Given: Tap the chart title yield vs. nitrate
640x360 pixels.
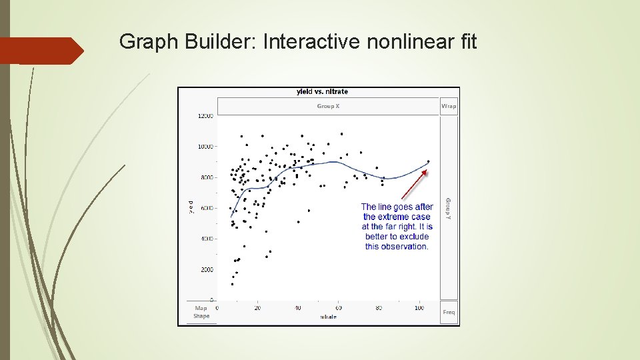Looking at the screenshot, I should pos(322,92).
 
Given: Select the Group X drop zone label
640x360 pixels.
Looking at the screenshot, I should pos(328,106).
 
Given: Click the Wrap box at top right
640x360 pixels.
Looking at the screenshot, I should pos(449,106).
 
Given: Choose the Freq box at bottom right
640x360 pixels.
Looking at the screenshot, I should pos(449,312).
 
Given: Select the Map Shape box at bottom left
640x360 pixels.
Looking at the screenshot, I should pos(201,312).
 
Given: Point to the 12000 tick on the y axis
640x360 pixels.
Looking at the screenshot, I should pos(205,116).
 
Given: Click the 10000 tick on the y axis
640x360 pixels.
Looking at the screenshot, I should pos(205,147).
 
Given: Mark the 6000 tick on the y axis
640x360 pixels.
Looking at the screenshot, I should pos(206,208).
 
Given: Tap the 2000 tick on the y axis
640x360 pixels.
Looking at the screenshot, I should pos(206,270).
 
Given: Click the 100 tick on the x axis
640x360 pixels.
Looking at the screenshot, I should pos(419,308).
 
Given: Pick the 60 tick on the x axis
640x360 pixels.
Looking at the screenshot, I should pos(338,308).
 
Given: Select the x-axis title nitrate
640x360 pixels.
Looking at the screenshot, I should pos(328,317).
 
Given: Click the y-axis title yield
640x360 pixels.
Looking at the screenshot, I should pos(191,207).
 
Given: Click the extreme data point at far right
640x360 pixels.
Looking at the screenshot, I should pos(428,161).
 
